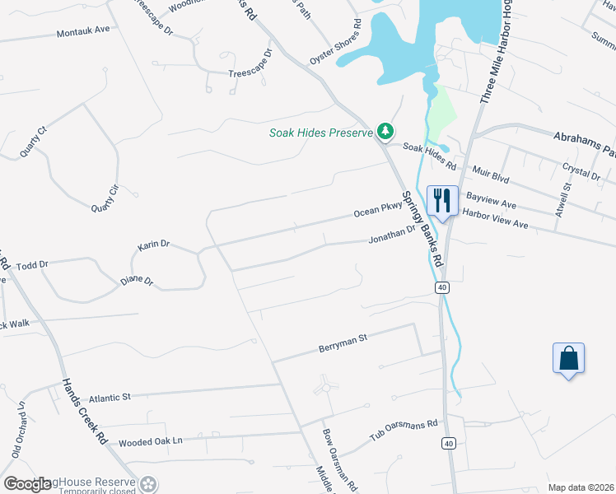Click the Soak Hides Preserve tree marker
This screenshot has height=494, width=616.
(385, 131)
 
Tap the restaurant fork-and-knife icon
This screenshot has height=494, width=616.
(442, 199)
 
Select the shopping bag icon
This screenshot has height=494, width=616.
(568, 357)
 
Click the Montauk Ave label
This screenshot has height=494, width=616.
(83, 30)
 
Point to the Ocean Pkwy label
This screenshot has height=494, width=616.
(377, 212)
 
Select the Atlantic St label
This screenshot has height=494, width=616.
(110, 397)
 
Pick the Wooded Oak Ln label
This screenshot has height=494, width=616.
(150, 441)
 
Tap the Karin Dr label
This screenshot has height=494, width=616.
(153, 245)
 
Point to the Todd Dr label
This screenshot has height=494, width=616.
(33, 265)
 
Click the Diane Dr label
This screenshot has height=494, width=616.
(137, 281)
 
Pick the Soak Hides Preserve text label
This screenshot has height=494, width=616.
(321, 133)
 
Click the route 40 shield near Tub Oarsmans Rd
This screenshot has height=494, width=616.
(447, 443)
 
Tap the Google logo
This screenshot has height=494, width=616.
(27, 485)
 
